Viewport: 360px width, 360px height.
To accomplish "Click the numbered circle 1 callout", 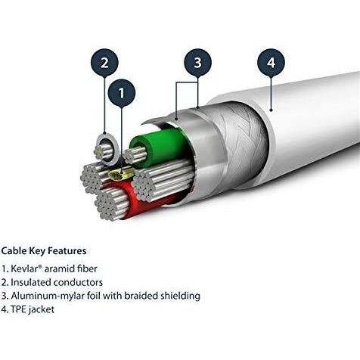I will [122, 94].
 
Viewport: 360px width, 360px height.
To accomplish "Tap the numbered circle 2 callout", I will [105, 62].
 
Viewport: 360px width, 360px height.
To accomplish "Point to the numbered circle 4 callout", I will [271, 63].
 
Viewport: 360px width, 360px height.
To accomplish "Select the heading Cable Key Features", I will [44, 250].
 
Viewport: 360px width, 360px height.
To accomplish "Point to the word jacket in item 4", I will [43, 309].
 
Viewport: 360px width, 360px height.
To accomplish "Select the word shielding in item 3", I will [178, 296].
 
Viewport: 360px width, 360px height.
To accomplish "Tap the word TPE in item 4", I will [19, 309].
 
